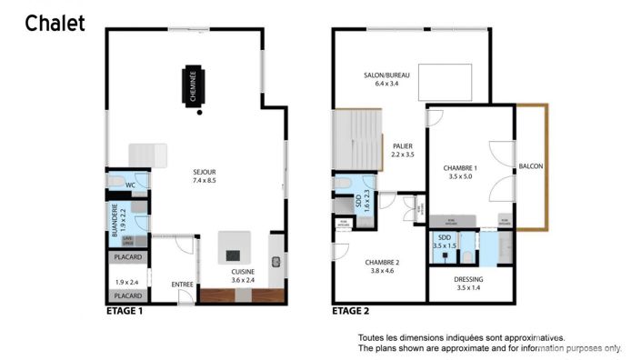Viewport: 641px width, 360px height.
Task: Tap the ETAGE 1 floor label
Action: pyautogui.click(x=125, y=311)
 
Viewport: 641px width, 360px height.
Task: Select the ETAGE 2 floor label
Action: pyautogui.click(x=351, y=311)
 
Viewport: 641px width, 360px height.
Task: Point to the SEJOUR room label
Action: pyautogui.click(x=204, y=172)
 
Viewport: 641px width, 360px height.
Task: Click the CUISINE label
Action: pyautogui.click(x=243, y=271)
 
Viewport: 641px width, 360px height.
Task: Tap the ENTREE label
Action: pyautogui.click(x=183, y=285)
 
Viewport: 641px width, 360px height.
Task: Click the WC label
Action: pyautogui.click(x=130, y=185)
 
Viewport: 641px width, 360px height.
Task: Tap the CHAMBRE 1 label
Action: pyautogui.click(x=462, y=168)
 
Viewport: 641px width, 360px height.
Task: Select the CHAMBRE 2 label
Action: pyautogui.click(x=385, y=262)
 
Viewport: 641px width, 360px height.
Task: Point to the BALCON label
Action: pyautogui.click(x=530, y=166)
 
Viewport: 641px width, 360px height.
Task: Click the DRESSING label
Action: pyautogui.click(x=469, y=279)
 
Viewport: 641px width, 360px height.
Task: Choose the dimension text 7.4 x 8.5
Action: pyautogui.click(x=204, y=181)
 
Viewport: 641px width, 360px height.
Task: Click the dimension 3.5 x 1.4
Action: pyautogui.click(x=469, y=288)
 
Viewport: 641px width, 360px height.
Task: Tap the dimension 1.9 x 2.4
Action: pyautogui.click(x=127, y=282)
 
